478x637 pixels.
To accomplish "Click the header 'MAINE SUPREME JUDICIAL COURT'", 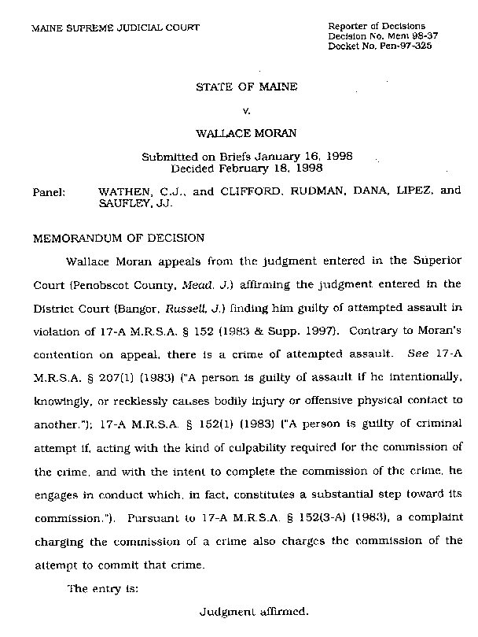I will tap(115, 28).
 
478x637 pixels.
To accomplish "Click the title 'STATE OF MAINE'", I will tap(246, 87).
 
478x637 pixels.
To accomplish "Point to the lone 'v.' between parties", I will tap(247, 111).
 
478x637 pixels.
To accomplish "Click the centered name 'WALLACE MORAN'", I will tap(247, 134).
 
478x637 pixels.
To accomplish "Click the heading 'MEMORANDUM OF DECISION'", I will tap(117, 237).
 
